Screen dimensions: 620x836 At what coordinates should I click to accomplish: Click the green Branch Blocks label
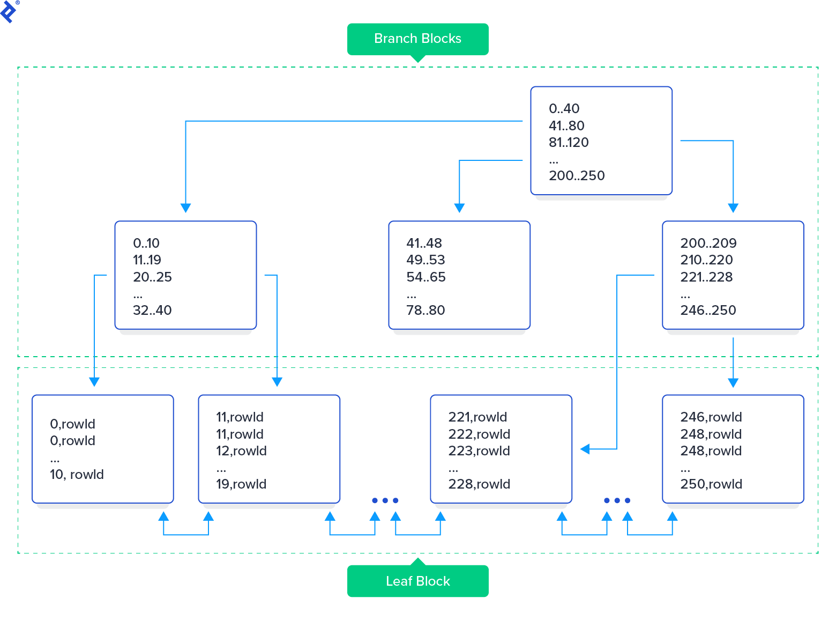[417, 39]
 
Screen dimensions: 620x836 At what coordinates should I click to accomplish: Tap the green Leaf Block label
[417, 581]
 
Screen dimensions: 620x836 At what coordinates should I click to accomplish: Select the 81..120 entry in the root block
[569, 142]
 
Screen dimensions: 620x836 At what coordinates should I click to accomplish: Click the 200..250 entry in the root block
[577, 175]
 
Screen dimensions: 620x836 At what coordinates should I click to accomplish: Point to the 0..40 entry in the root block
[564, 108]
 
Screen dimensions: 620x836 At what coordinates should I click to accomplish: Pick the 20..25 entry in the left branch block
[152, 277]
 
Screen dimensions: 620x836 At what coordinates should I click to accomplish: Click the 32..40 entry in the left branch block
[152, 310]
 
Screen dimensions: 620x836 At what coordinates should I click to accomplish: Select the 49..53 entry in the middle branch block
[426, 260]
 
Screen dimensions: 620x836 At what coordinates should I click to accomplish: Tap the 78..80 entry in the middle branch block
[426, 310]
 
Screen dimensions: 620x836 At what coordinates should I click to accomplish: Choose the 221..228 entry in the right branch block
[706, 277]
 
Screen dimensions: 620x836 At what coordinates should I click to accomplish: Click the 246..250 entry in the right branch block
[708, 310]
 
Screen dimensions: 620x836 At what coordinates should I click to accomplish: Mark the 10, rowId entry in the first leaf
[77, 474]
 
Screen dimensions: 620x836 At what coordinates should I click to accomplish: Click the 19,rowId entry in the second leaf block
[241, 484]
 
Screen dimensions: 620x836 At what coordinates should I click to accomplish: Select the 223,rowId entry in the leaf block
[479, 451]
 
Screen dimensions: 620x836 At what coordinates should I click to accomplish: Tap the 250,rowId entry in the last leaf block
[711, 484]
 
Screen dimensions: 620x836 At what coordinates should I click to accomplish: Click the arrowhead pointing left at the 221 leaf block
[585, 449]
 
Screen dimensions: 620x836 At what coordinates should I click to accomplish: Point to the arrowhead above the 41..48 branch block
[459, 208]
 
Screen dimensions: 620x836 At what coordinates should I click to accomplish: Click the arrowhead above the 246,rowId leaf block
[733, 382]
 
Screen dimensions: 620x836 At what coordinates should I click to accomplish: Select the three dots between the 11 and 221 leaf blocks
[385, 500]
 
